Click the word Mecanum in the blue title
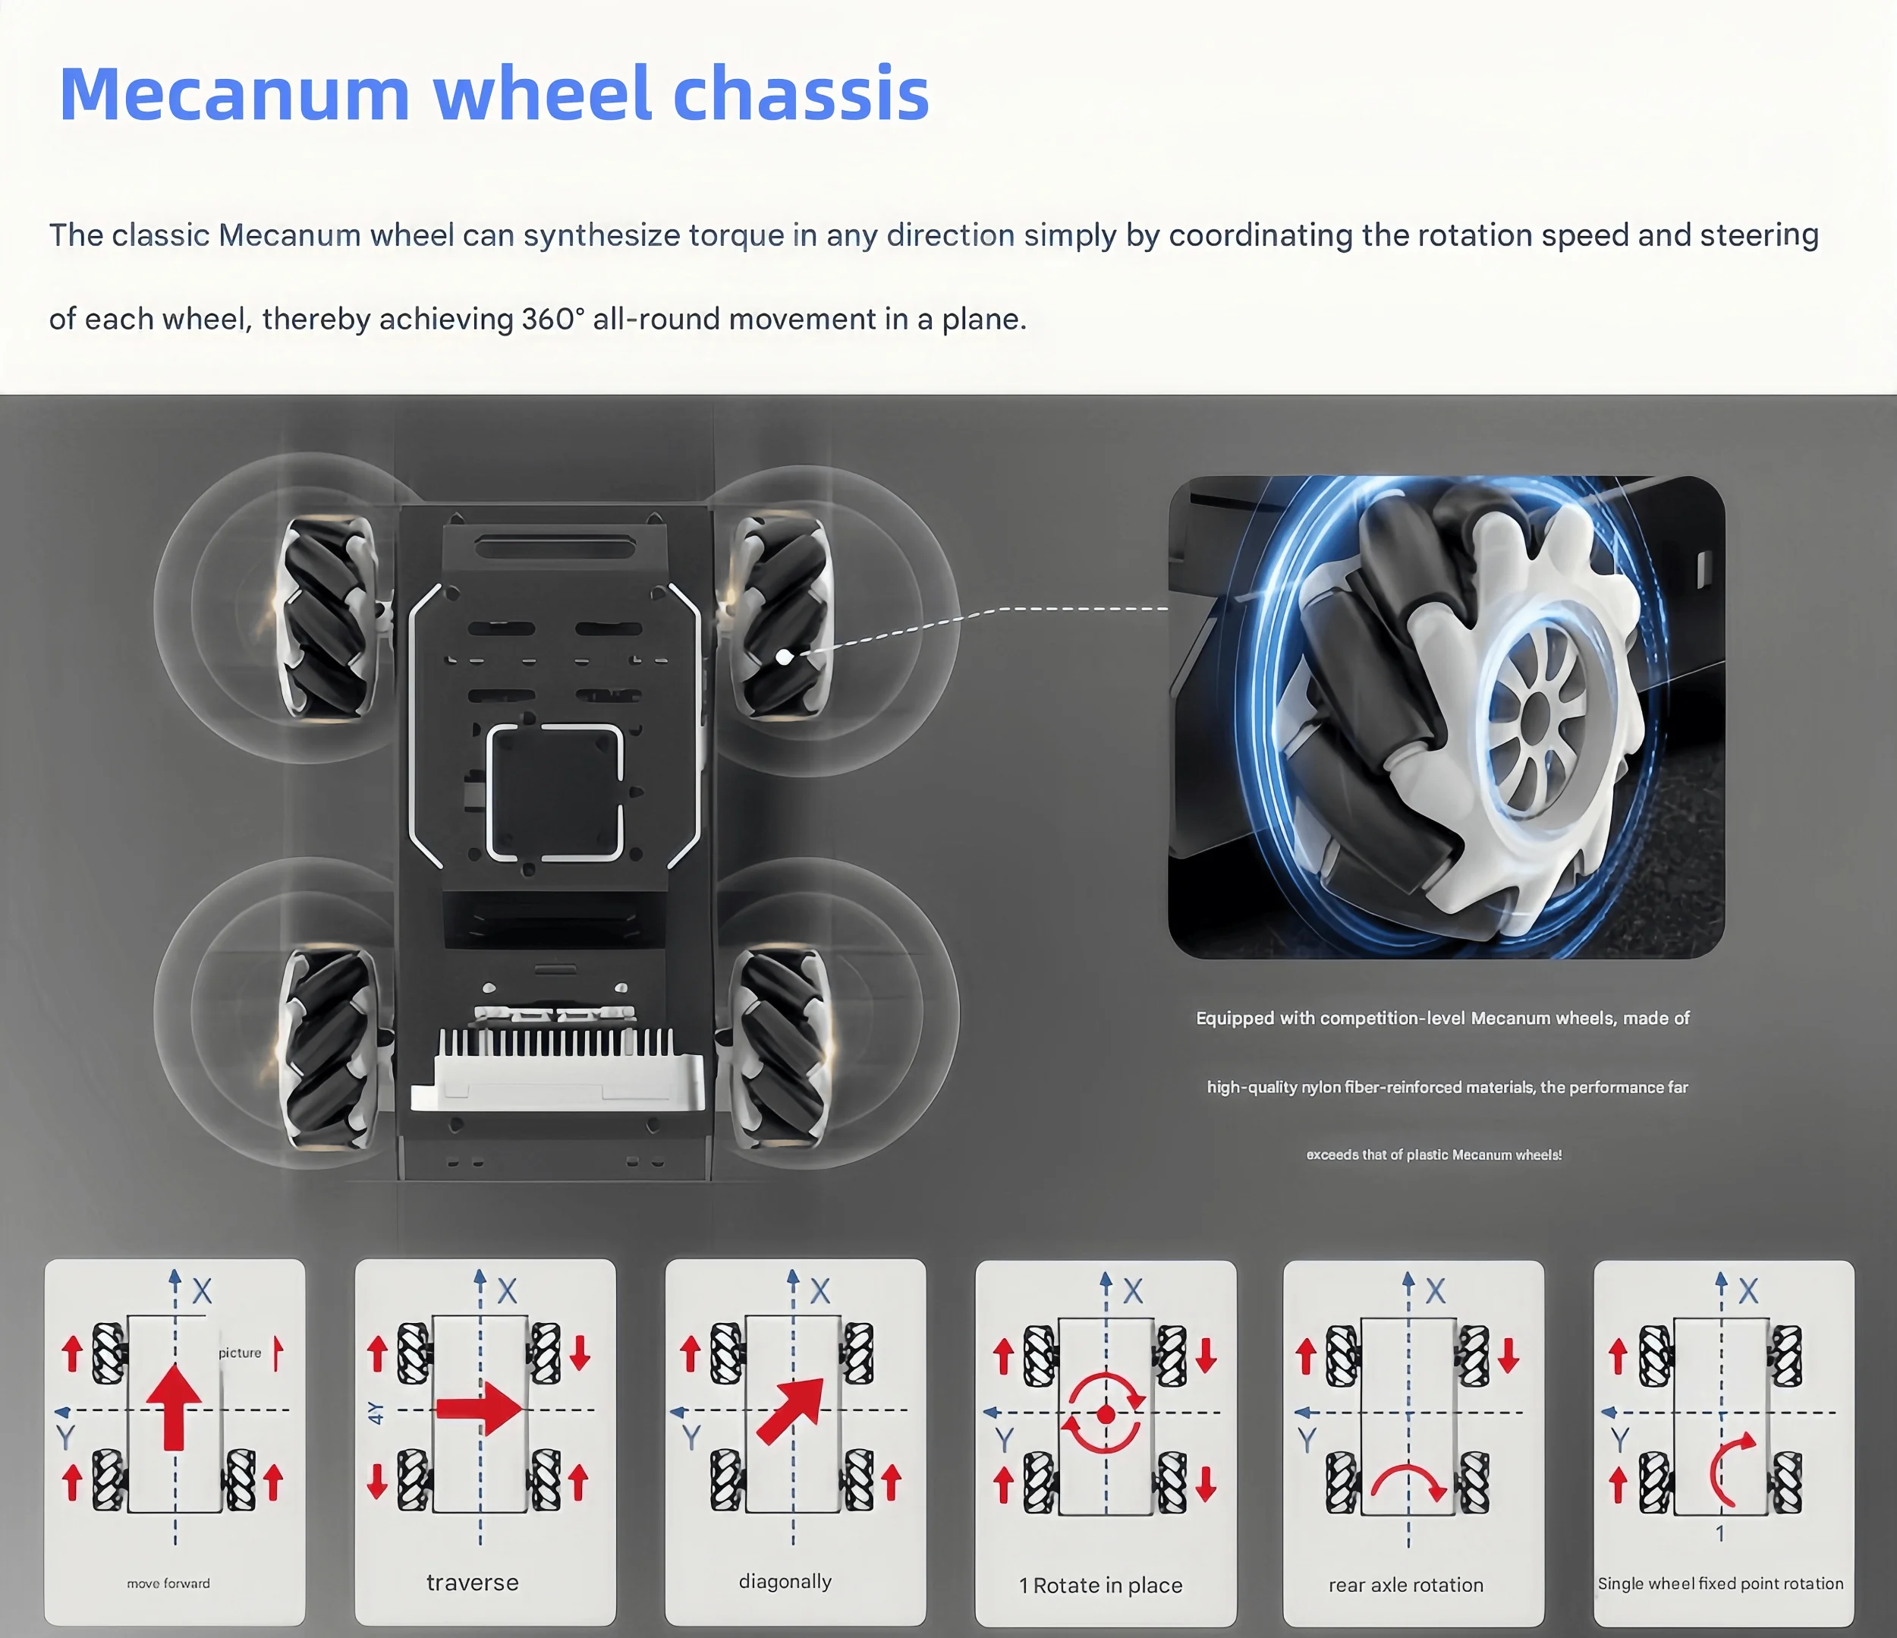pyautogui.click(x=234, y=94)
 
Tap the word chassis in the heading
pyautogui.click(x=801, y=94)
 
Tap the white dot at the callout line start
pyautogui.click(x=784, y=657)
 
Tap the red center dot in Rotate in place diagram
pyautogui.click(x=1105, y=1416)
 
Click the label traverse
pyautogui.click(x=473, y=1582)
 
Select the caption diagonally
pyautogui.click(x=785, y=1581)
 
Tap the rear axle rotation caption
pyautogui.click(x=1405, y=1585)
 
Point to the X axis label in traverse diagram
pyautogui.click(x=507, y=1291)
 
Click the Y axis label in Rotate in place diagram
pyautogui.click(x=1005, y=1439)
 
